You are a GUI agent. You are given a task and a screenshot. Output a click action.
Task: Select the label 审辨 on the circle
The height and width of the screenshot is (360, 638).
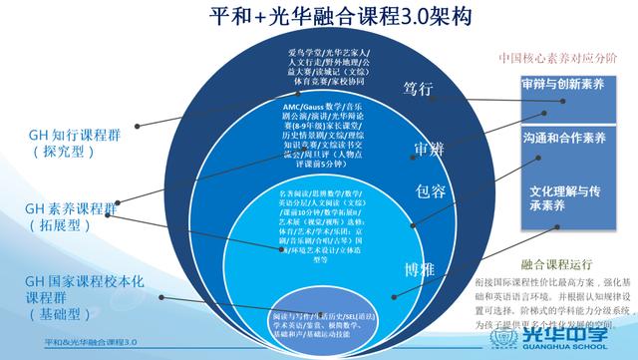(x=430, y=149)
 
